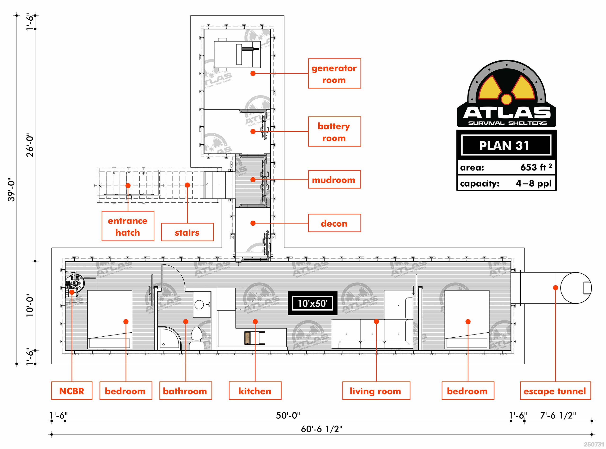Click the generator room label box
334,73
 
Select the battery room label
334,132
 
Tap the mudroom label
334,179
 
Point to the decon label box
334,223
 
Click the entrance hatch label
128,226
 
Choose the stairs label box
187,232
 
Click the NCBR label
72,391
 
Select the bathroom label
186,391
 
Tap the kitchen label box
255,391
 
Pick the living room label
376,391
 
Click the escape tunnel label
555,391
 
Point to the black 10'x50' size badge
312,303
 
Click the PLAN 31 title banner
506,145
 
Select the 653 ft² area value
536,167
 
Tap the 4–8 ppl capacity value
534,183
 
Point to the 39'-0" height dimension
12,190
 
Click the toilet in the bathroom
197,338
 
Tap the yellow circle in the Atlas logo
506,99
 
